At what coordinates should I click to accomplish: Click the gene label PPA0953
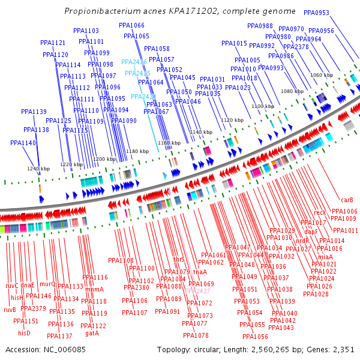click(x=316, y=13)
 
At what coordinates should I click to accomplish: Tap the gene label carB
click(x=347, y=200)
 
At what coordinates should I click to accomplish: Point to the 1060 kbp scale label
click(x=321, y=75)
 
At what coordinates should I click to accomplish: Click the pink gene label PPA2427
click(x=197, y=291)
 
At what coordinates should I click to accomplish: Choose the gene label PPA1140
click(x=23, y=143)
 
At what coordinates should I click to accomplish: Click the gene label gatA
click(x=92, y=333)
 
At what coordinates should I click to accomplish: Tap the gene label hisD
click(x=24, y=333)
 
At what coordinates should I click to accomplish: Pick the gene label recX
click(x=320, y=212)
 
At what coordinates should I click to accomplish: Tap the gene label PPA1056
click(x=255, y=337)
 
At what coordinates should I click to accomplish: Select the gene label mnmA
click(x=94, y=289)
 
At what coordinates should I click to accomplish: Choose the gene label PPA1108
click(x=121, y=260)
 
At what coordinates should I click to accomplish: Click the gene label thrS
click(x=179, y=260)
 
